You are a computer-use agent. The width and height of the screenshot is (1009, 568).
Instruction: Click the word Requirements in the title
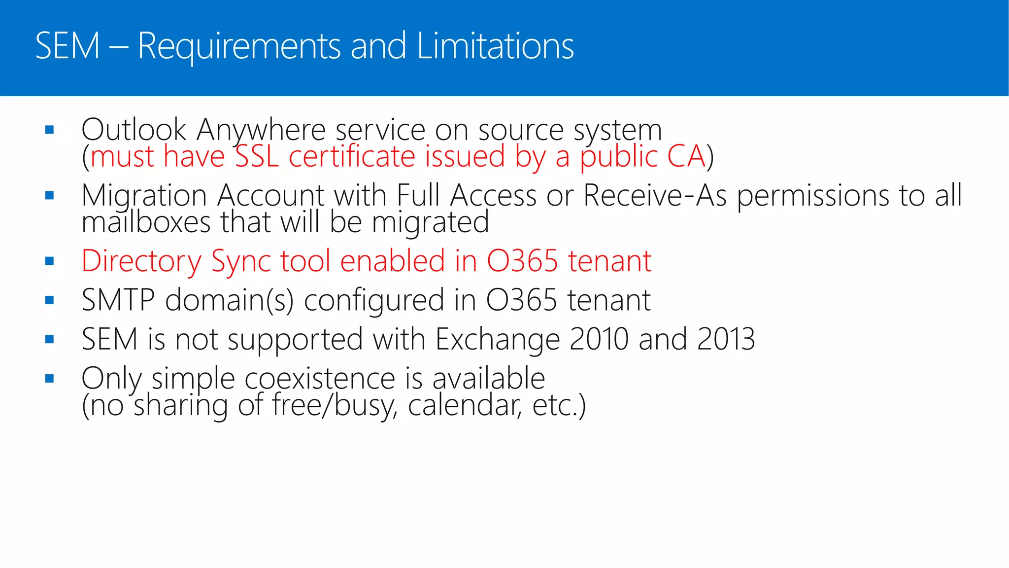[x=239, y=46]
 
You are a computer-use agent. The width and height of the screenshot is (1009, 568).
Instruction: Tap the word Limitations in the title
[x=495, y=46]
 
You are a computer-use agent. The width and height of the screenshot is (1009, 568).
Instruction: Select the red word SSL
[x=257, y=156]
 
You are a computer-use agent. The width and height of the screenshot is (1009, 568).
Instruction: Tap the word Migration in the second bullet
[x=144, y=196]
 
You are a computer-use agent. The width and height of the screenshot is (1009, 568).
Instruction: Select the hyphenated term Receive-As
[x=655, y=195]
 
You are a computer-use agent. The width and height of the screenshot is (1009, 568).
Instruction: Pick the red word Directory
[x=141, y=261]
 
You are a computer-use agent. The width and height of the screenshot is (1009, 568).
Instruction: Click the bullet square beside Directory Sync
[x=49, y=261]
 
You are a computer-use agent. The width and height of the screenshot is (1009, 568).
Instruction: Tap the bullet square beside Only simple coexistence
[x=49, y=379]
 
